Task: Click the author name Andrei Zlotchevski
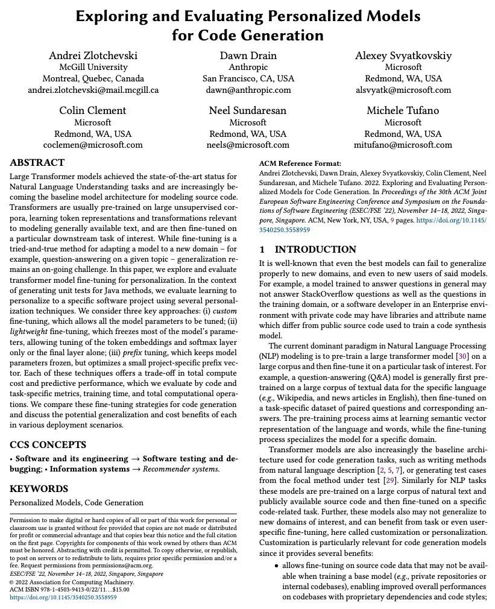[x=93, y=55]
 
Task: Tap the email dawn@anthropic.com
[x=248, y=90]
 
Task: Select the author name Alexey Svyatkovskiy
[x=403, y=55]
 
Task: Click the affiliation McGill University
[x=93, y=67]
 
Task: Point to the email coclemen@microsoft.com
[x=93, y=145]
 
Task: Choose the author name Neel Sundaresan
[x=248, y=110]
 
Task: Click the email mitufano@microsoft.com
[x=403, y=145]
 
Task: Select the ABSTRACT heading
[x=37, y=163]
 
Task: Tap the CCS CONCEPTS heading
[x=48, y=445]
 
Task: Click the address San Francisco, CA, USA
[x=248, y=78]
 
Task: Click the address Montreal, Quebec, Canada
[x=93, y=78]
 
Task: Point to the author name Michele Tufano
[x=403, y=110]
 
